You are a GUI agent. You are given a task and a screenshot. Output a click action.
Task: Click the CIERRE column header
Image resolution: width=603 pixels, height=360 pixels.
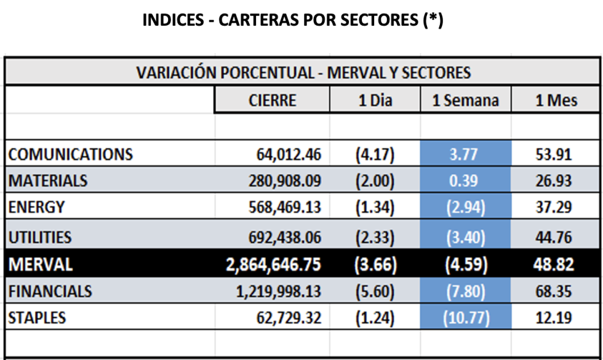272,100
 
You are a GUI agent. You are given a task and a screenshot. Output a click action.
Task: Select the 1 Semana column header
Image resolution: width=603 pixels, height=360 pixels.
465,100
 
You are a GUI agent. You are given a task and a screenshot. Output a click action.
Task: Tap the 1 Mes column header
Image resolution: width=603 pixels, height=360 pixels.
556,100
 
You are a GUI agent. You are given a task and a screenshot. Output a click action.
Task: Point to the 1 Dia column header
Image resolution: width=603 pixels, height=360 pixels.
375,100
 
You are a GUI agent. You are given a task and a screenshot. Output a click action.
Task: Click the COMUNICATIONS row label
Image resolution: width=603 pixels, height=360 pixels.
70,153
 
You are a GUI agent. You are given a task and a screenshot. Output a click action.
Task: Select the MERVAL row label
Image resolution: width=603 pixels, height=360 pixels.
41,265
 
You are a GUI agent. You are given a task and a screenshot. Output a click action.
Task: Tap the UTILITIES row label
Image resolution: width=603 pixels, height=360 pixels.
40,237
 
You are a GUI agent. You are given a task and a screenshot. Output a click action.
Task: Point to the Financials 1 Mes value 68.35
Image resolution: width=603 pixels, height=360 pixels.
554,291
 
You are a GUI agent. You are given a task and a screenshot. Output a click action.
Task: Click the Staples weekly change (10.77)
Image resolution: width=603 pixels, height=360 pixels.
465,318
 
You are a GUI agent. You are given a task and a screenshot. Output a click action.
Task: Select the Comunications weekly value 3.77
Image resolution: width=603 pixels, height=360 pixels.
465,154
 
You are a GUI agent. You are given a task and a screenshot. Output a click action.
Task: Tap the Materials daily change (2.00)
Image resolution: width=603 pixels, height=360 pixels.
375,181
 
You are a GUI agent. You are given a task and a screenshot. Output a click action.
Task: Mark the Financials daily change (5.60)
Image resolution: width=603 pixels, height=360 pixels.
375,291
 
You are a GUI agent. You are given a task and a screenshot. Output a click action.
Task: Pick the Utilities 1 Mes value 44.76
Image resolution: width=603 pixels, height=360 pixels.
554,237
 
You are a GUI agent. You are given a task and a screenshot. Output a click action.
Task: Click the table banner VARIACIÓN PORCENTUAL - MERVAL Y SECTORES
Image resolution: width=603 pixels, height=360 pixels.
303,73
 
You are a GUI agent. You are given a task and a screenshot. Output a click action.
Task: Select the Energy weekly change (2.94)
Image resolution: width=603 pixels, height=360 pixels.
465,207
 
